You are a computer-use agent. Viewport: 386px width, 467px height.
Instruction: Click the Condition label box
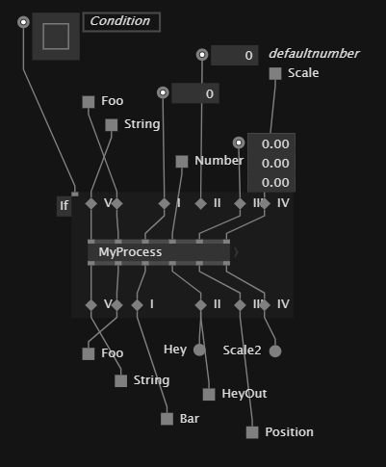tap(121, 22)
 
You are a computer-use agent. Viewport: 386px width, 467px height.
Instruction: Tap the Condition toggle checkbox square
tap(56, 37)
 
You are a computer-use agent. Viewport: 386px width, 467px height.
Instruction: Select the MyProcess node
tap(159, 252)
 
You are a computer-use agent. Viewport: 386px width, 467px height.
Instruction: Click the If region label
tap(64, 206)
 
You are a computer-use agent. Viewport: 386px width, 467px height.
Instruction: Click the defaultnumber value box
tap(235, 55)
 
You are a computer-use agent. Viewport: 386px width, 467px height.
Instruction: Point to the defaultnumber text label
tap(314, 54)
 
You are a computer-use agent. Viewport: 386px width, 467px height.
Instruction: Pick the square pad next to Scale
tap(275, 73)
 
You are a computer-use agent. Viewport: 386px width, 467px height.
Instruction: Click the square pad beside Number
tap(182, 162)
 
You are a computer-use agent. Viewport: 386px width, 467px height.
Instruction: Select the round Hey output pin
tap(199, 350)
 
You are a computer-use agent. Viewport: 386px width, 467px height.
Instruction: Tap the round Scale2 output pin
tap(275, 351)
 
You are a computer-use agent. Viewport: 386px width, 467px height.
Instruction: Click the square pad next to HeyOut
tap(209, 395)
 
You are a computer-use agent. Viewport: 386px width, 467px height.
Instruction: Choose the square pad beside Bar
tap(167, 419)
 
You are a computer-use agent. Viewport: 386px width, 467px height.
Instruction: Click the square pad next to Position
tap(252, 432)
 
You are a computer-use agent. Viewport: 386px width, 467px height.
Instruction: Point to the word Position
tap(289, 432)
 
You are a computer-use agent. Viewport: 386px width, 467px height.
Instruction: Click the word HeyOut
tap(244, 394)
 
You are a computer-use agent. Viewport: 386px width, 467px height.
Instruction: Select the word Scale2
tap(242, 350)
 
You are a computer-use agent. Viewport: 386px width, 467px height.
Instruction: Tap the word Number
tap(219, 161)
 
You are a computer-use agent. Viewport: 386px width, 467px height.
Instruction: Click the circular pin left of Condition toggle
tap(23, 22)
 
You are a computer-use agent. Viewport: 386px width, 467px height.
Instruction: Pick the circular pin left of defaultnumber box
tap(202, 55)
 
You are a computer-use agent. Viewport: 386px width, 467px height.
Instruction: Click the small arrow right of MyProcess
tap(236, 252)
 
